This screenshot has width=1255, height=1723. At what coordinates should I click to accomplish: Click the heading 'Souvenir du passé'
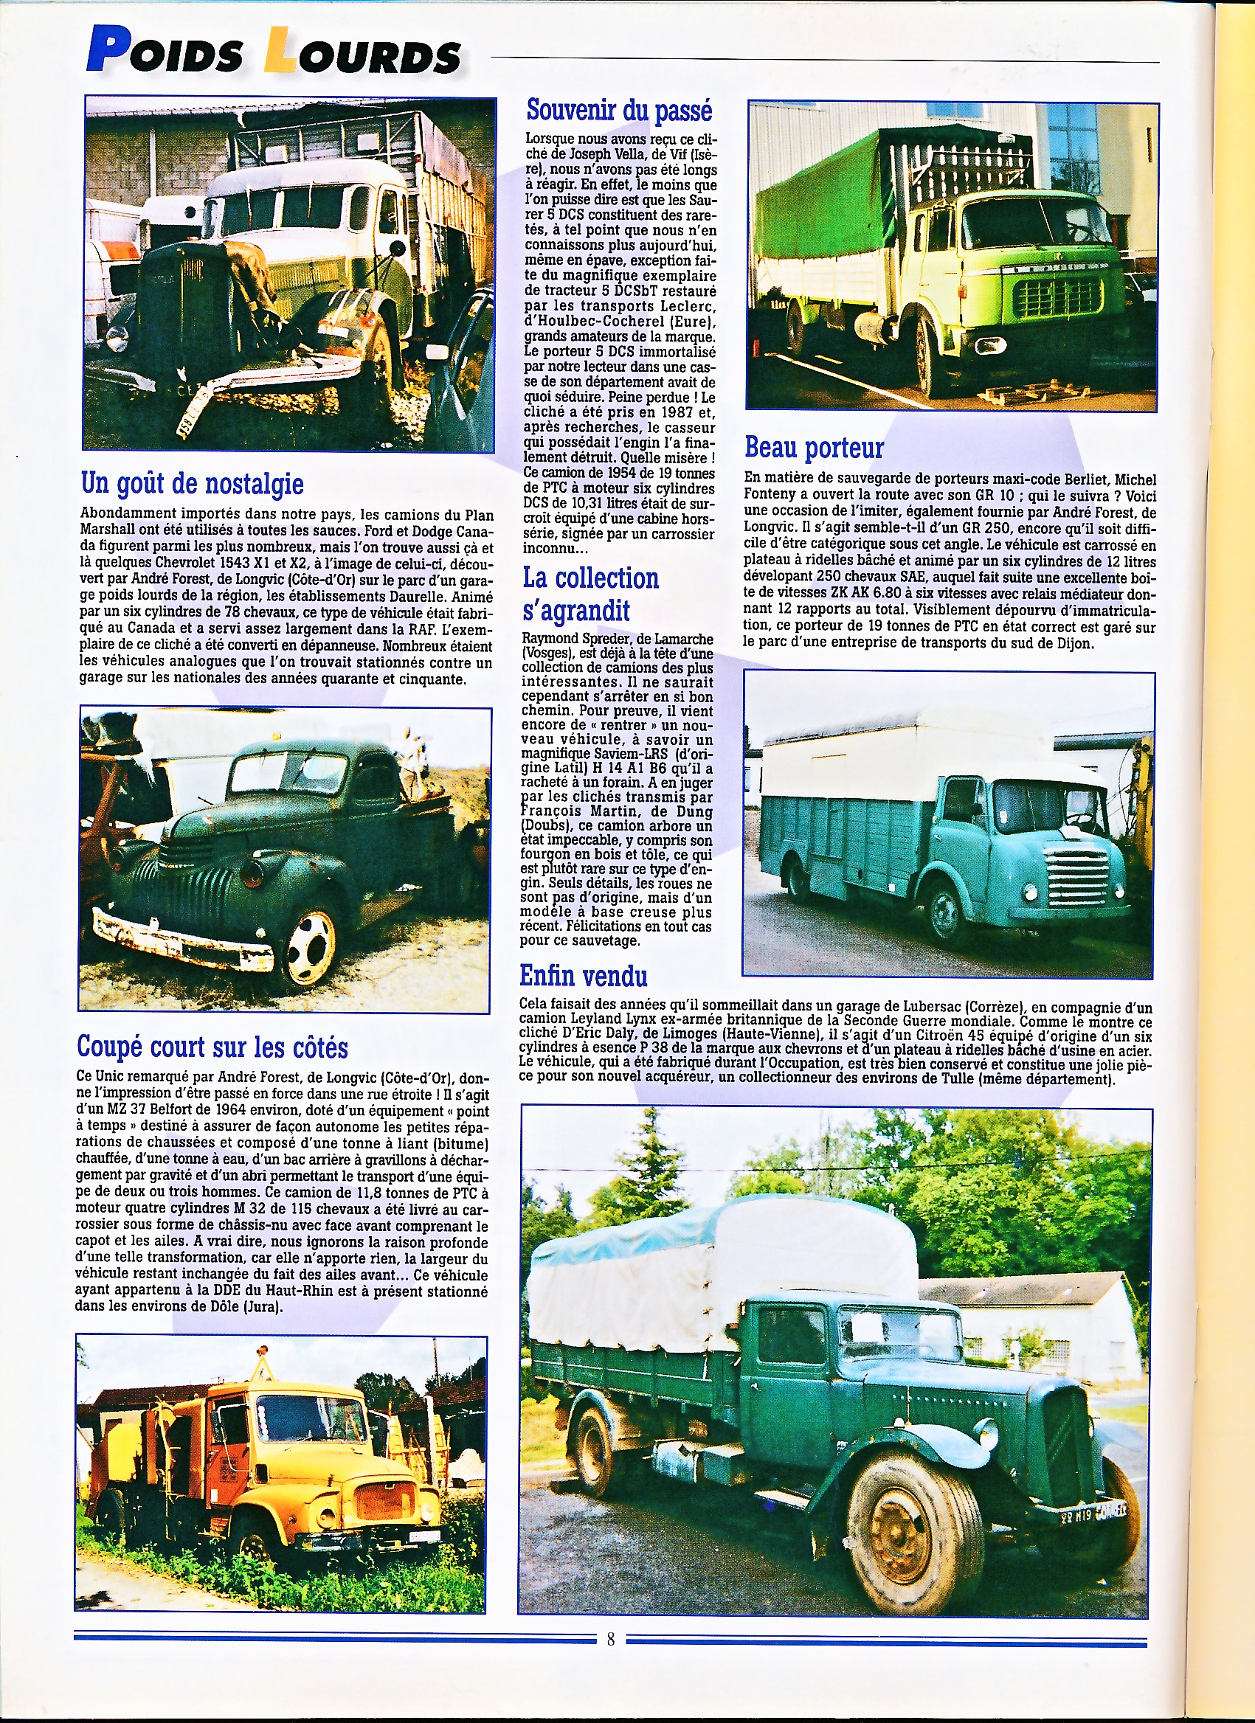(620, 111)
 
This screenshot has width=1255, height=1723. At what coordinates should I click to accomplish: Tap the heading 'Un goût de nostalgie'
(193, 483)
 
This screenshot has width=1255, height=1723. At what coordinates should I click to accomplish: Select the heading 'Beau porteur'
(814, 448)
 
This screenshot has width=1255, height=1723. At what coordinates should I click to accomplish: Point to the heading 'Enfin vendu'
(583, 975)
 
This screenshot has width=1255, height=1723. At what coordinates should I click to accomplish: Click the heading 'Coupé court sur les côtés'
(212, 1047)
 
